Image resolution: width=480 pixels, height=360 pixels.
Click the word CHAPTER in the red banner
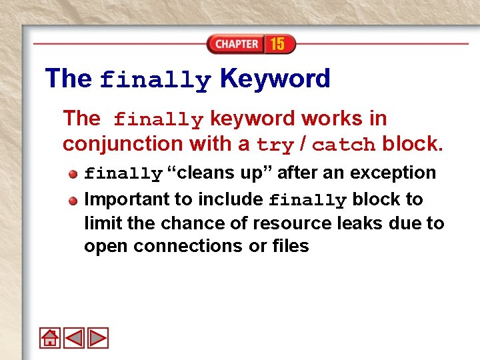[237, 44]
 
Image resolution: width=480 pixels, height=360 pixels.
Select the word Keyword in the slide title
[274, 79]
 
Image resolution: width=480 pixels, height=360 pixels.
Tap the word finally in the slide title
[155, 80]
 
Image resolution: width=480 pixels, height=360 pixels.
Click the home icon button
[50, 338]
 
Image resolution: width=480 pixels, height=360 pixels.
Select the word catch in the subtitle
[343, 145]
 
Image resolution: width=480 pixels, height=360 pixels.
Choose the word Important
[127, 199]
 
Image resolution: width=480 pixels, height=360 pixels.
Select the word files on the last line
[290, 246]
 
